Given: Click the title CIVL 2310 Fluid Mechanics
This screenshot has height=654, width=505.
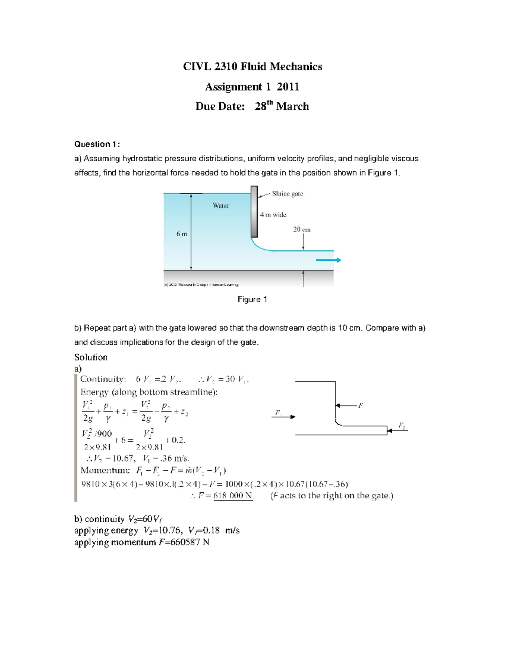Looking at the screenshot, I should point(252,67).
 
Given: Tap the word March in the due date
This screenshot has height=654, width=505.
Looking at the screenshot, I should point(292,107).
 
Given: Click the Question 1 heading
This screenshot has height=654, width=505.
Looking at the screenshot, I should point(97,144).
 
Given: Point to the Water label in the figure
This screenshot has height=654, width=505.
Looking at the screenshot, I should point(221,206).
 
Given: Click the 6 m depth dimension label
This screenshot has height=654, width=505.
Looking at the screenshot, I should point(182,234).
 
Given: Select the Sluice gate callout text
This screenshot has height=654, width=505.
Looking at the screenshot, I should point(287,194).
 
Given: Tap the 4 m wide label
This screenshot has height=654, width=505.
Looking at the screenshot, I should point(273,215).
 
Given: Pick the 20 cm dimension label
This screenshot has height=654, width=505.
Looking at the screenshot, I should point(302,230).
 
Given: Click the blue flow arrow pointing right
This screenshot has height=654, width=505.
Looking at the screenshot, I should point(328,260).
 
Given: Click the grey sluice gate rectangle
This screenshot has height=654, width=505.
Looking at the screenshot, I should point(254,211).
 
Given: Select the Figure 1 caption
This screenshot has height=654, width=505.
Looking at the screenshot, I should point(252,299).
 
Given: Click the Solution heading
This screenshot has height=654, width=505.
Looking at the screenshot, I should point(90,357).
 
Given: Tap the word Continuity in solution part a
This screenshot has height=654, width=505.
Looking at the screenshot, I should point(103,379).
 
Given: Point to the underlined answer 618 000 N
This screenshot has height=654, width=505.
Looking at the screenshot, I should point(233,496).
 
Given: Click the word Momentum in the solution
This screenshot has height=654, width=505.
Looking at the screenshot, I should point(105,470).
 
